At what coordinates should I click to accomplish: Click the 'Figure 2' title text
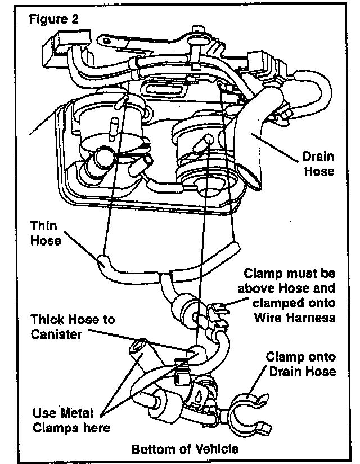tap(54, 18)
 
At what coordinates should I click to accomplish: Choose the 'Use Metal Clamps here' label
tap(71, 420)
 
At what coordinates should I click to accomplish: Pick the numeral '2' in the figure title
tap(75, 18)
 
